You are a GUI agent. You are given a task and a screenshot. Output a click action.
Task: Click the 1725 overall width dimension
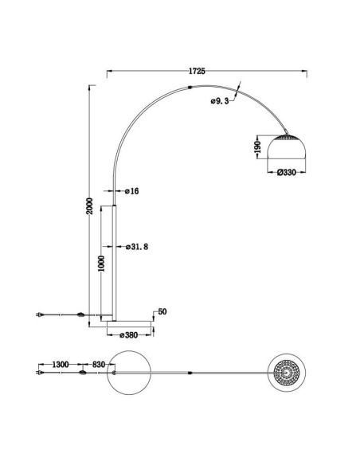click(197, 71)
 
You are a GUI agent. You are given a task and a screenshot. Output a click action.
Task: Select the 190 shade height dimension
click(257, 148)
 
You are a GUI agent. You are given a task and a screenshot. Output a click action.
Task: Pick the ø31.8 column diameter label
click(137, 247)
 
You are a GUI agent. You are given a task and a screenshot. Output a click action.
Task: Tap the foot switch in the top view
click(82, 372)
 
